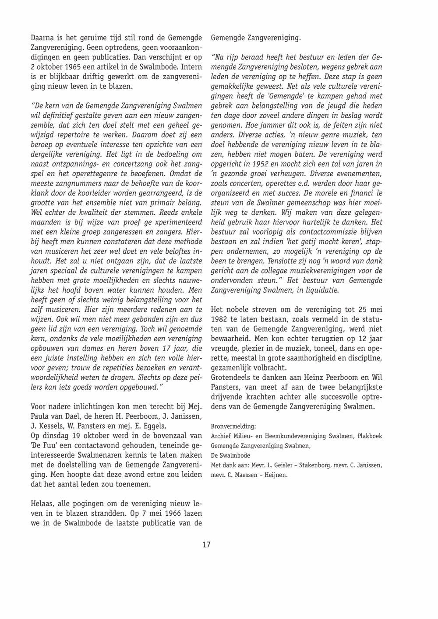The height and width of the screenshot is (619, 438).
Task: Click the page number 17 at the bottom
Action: [x=206, y=545]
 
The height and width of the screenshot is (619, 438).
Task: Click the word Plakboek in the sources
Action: [x=370, y=436]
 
